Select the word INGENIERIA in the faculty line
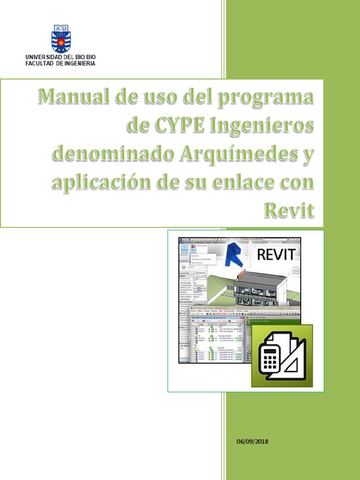(79, 63)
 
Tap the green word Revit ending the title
(289, 210)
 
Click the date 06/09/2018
(253, 442)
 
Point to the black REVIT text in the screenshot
(276, 255)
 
